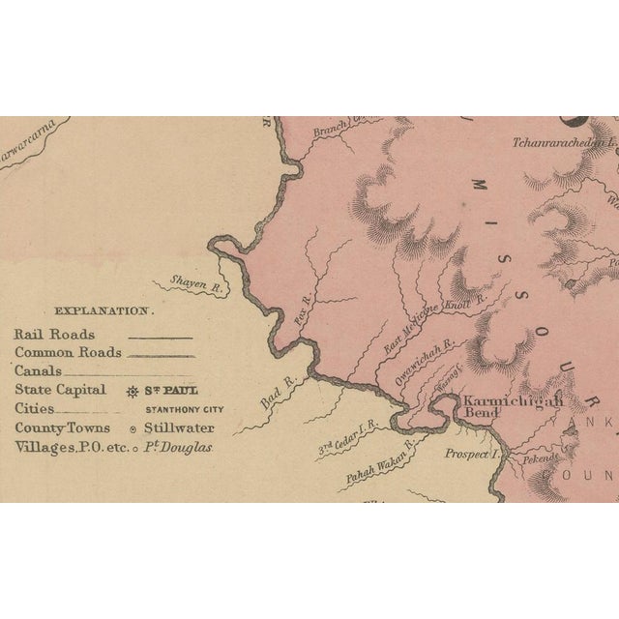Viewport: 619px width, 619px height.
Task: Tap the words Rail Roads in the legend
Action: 54,334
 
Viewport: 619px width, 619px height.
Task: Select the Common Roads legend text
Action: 68,352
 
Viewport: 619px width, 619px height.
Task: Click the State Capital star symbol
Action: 133,391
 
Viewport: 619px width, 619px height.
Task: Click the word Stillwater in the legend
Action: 180,427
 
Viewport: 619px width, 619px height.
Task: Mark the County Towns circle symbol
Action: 133,427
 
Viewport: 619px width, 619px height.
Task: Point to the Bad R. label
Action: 275,395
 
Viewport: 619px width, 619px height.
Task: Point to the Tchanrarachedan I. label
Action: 564,143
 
